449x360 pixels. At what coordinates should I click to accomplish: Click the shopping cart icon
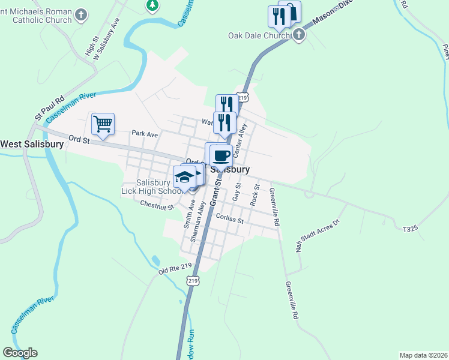pos(103,124)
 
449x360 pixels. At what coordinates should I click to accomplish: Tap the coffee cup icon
pos(220,155)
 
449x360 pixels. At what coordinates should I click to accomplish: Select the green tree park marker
pos(152,5)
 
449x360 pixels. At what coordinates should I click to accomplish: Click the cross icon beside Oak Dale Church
pos(298,35)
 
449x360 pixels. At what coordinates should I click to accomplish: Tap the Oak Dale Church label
pos(259,35)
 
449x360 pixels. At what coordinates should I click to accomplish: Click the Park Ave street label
pos(144,133)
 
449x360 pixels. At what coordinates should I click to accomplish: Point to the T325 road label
pos(411,229)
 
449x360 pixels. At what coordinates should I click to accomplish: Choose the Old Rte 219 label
pos(175,271)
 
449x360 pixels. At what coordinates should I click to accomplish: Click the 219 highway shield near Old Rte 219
pos(192,280)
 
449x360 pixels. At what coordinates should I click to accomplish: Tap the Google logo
pos(20,353)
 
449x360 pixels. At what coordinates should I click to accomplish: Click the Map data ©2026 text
pos(423,355)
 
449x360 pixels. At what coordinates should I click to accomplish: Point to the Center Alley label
pos(240,142)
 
